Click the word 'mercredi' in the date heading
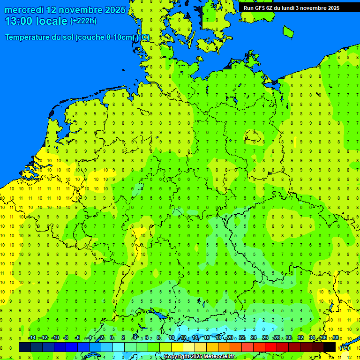click(25, 10)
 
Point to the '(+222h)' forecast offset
click(83, 21)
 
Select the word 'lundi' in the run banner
click(300, 8)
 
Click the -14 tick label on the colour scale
click(32, 338)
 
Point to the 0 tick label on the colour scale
click(112, 338)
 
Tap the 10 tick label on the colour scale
click(171, 338)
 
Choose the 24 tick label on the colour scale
click(254, 338)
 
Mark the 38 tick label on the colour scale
click(336, 338)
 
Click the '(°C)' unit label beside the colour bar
click(344, 348)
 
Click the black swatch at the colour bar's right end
click(330, 347)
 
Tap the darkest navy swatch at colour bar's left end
click(24, 347)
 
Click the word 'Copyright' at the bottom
click(177, 357)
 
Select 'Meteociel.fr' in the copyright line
click(219, 357)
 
